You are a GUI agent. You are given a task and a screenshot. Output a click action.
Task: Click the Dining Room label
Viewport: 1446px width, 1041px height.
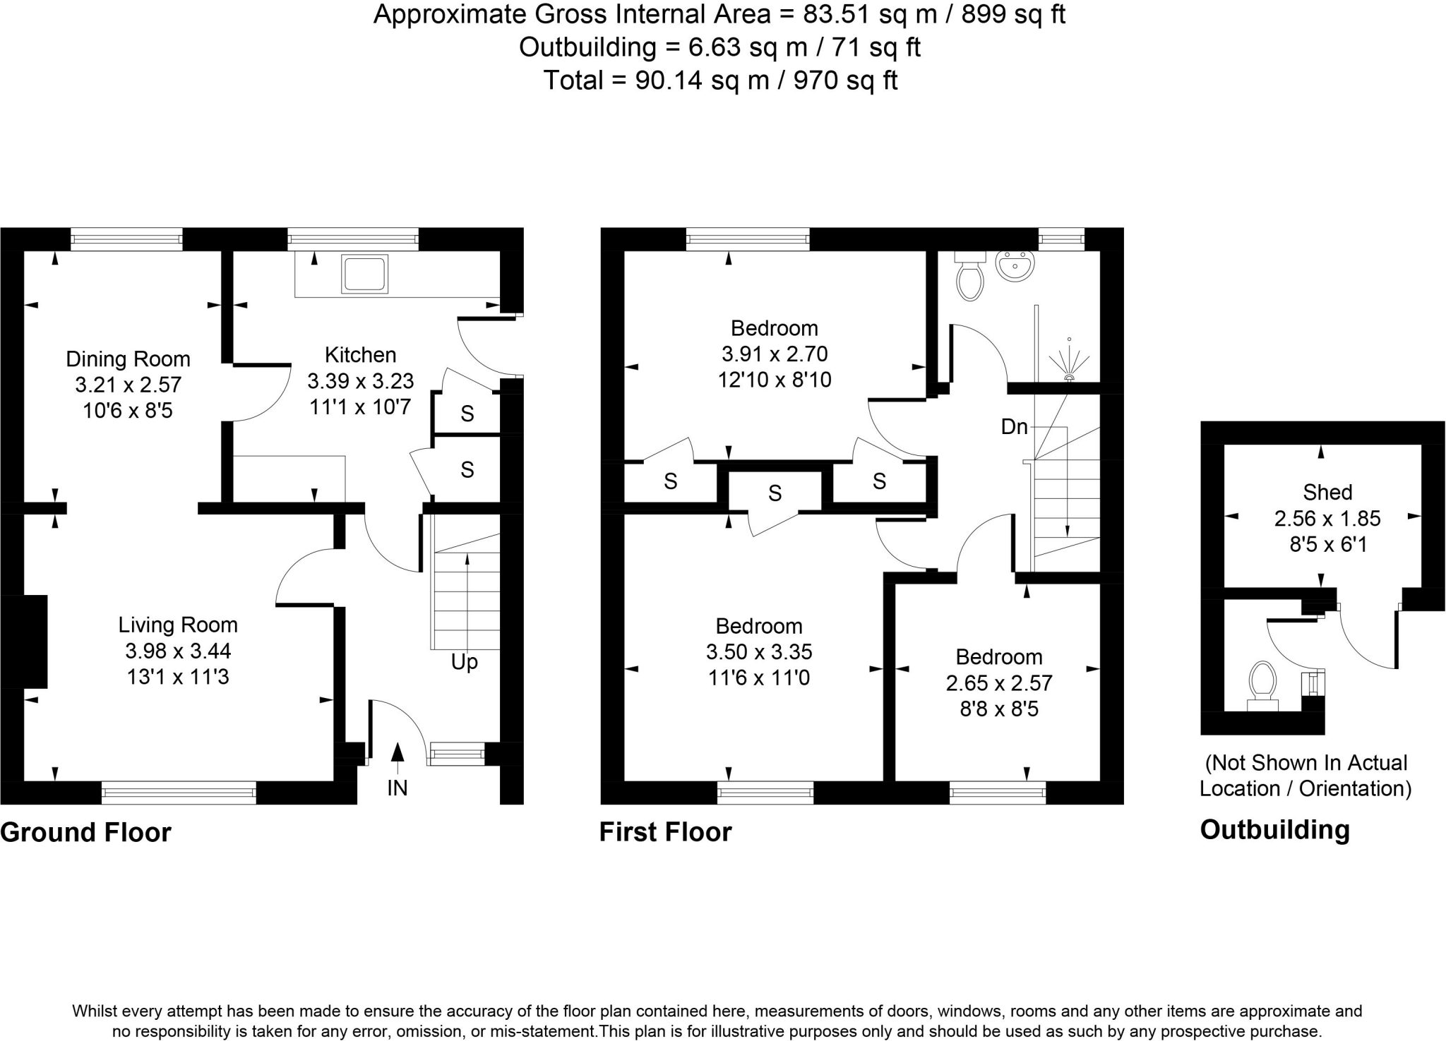pos(128,359)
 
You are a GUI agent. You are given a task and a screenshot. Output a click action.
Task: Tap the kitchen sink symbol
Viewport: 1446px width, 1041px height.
pos(364,274)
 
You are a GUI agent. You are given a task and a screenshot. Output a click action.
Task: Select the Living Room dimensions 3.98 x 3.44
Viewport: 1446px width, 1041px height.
pos(178,651)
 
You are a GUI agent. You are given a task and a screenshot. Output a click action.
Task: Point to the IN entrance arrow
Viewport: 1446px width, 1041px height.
pos(398,754)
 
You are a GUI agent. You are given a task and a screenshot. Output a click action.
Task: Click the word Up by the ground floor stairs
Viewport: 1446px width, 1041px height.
pos(465,662)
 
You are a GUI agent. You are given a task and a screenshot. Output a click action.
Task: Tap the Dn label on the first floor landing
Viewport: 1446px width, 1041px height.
pos(1014,426)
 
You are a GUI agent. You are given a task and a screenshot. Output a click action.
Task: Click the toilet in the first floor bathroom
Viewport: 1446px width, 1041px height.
pos(970,277)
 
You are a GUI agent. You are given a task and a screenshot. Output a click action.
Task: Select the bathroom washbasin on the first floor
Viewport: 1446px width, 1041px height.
pos(1015,266)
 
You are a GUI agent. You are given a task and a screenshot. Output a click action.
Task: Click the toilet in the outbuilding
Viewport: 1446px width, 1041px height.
pos(1262,683)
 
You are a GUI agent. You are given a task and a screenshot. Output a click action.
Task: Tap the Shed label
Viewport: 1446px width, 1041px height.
pos(1327,492)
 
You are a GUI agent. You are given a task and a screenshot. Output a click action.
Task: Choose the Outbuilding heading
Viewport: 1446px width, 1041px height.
pos(1274,830)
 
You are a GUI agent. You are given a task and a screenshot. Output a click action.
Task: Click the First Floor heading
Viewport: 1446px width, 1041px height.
pos(665,832)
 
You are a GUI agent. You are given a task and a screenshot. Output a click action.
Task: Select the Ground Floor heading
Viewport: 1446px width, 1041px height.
pos(85,833)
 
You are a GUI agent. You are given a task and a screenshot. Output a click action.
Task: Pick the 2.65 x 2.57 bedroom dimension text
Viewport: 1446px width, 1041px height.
pos(998,683)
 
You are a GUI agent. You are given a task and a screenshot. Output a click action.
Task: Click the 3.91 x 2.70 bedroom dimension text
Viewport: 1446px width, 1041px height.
pos(774,354)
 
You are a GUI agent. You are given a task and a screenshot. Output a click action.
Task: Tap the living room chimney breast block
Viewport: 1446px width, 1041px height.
pos(28,641)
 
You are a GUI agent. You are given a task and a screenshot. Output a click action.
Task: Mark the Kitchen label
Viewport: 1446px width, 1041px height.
pos(360,354)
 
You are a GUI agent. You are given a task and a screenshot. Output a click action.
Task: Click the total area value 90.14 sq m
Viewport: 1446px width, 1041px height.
pos(701,80)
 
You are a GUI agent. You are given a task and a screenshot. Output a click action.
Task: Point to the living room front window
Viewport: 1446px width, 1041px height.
pos(179,793)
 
